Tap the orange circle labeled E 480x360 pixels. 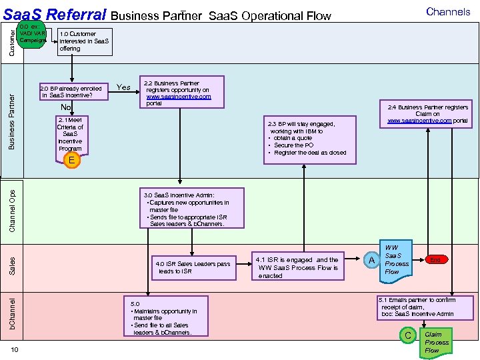(70, 160)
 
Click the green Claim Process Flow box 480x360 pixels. (437, 342)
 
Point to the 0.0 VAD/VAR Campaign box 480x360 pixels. (32, 33)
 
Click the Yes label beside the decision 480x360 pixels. (123, 87)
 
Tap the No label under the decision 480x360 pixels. (65, 107)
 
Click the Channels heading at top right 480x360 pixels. (448, 11)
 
